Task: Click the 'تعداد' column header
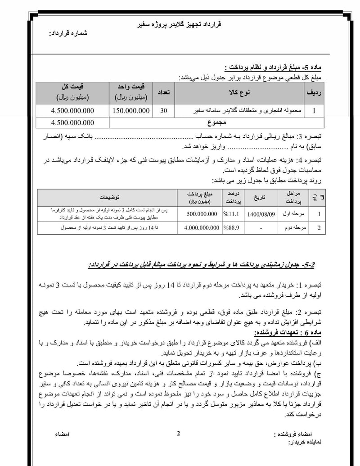(x=162, y=92)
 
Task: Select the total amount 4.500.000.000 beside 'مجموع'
(x=73, y=122)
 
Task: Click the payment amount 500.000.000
(x=201, y=214)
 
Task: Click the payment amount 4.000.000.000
(x=201, y=228)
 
